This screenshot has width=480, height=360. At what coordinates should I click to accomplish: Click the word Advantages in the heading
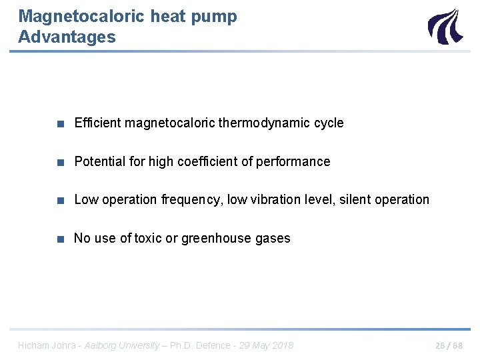point(67,37)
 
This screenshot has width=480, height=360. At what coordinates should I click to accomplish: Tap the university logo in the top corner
point(444,26)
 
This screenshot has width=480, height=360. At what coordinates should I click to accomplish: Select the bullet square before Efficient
point(61,123)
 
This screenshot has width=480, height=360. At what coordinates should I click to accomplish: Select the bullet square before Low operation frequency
point(61,200)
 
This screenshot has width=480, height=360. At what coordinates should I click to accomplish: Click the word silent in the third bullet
point(355,199)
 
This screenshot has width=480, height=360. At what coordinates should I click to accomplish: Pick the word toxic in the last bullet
point(148,238)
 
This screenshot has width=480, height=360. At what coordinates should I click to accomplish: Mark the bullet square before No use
point(61,239)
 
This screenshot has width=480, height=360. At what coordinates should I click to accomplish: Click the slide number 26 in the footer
point(439,345)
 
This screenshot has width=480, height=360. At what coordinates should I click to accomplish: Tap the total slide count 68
point(457,345)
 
